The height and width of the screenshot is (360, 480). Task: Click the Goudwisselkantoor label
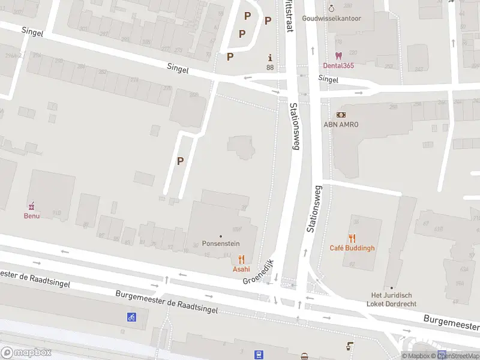331,18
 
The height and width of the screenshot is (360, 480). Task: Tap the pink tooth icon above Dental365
338,55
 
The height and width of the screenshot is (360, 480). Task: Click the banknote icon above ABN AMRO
340,115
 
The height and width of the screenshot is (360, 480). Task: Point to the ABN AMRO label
340,124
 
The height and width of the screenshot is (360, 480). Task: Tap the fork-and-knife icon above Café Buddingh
352,238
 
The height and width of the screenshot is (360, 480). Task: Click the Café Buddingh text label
352,248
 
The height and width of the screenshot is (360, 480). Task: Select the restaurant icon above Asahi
241,259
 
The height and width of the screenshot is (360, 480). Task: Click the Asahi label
241,269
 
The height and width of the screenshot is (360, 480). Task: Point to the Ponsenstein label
220,245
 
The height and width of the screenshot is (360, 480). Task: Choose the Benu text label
32,215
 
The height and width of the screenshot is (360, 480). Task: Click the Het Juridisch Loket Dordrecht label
392,299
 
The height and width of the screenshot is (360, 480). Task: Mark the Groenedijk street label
258,272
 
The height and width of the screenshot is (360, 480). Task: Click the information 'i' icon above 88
270,58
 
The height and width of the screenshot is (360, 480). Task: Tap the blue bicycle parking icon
131,317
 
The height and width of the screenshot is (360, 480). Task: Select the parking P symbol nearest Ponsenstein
180,161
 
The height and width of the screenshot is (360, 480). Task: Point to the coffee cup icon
350,346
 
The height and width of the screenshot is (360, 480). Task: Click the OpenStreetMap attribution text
459,356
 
